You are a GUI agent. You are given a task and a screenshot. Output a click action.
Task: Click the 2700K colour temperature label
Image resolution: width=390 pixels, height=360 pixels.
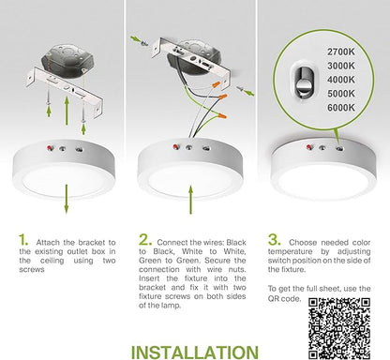click(x=341, y=52)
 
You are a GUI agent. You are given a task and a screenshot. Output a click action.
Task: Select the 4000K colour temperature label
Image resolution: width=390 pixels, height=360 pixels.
click(x=341, y=80)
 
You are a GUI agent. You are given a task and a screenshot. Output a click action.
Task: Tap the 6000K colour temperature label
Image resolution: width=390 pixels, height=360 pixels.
click(x=341, y=108)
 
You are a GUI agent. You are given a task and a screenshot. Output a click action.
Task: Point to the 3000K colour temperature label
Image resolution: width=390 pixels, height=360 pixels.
click(x=341, y=66)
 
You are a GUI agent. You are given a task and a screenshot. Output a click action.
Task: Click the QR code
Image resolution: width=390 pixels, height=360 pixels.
click(x=339, y=328)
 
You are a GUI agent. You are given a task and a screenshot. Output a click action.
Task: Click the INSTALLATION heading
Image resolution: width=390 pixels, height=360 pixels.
click(x=195, y=352)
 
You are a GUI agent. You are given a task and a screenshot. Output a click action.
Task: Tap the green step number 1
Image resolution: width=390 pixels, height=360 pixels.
click(x=23, y=240)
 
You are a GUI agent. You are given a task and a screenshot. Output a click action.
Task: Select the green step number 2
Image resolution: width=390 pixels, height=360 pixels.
click(x=145, y=240)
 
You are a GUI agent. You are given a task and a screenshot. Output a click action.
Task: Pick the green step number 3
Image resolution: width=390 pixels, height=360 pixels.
click(x=274, y=240)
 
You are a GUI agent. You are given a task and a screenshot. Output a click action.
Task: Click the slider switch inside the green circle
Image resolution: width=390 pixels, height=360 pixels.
click(x=302, y=82)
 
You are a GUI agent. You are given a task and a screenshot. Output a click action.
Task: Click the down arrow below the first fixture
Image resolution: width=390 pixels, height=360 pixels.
click(x=67, y=199)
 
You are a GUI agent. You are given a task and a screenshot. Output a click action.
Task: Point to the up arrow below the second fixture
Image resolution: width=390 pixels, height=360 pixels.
click(x=190, y=200)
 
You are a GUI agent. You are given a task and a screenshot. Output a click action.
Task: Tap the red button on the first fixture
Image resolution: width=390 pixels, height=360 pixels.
click(x=50, y=148)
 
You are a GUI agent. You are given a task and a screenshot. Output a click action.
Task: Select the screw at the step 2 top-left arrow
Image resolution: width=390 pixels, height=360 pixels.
click(x=144, y=43)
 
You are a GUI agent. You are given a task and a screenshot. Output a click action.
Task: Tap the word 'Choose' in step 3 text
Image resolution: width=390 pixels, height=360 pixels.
click(x=302, y=243)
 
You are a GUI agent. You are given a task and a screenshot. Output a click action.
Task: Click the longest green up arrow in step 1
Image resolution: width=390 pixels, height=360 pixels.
click(x=67, y=112)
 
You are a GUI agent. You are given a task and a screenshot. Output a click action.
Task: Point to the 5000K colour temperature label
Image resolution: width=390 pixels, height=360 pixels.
click(x=341, y=94)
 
